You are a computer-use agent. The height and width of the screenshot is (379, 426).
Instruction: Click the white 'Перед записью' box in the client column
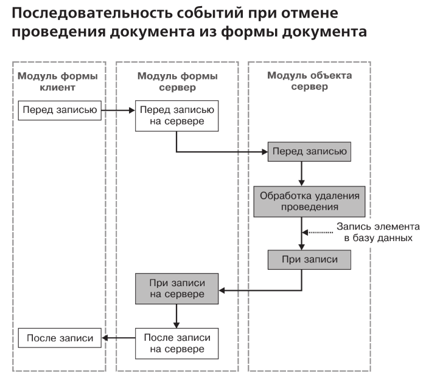(58, 111)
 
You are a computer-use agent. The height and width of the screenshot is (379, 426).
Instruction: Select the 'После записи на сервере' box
(176, 343)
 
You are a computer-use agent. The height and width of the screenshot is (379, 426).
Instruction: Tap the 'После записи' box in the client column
(58, 338)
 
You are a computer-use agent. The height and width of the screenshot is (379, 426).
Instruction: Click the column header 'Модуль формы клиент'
(58, 81)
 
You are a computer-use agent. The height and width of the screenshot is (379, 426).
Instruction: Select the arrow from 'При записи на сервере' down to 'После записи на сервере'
(176, 316)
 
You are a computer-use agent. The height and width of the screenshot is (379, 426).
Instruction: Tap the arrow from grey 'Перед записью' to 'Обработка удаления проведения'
(302, 173)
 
